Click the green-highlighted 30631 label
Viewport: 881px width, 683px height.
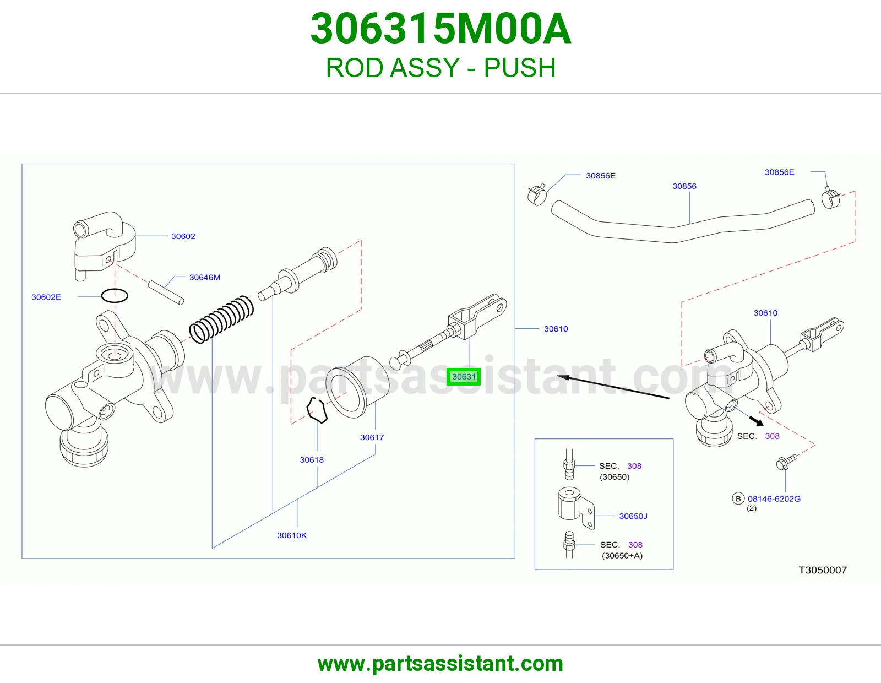click(x=464, y=376)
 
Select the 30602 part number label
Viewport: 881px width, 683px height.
click(x=183, y=236)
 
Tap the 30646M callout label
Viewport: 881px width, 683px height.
click(x=205, y=277)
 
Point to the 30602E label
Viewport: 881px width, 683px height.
click(x=46, y=297)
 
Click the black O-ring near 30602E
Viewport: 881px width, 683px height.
click(x=115, y=289)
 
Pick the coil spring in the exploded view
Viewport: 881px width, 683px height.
click(x=221, y=319)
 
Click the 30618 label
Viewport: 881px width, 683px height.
click(x=312, y=459)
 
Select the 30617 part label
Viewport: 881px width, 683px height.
click(x=372, y=437)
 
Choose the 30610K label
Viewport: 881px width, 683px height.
click(x=292, y=535)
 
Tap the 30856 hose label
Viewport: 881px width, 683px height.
click(x=684, y=186)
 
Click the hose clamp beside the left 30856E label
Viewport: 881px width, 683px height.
click(x=537, y=194)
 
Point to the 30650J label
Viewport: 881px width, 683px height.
click(x=633, y=516)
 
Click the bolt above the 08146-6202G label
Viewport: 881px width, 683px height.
click(x=786, y=462)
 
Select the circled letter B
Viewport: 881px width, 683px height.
click(x=738, y=498)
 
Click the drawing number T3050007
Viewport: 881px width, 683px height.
click(x=823, y=570)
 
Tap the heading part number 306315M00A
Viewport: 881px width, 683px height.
click(x=440, y=29)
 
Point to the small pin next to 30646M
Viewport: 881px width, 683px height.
click(x=166, y=292)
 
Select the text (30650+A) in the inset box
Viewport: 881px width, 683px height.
click(x=622, y=555)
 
